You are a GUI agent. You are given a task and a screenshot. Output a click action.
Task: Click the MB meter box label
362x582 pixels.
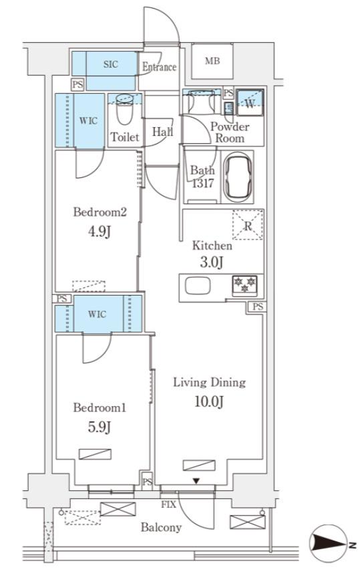point(212,61)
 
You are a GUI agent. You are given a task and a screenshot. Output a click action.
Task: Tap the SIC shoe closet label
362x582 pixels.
point(111,64)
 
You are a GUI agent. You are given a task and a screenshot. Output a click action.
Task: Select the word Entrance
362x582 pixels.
point(160,67)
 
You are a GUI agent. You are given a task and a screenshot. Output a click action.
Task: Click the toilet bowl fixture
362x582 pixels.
point(124,109)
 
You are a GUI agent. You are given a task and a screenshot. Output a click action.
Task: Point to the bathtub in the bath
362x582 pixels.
point(238,177)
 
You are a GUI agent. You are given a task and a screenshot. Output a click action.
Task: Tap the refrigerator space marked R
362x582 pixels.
point(248,225)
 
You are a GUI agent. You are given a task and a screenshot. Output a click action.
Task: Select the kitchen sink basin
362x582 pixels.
point(198,286)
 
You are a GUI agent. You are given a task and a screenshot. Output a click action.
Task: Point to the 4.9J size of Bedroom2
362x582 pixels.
point(100,231)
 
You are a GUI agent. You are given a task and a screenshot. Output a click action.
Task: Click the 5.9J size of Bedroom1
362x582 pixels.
point(100,427)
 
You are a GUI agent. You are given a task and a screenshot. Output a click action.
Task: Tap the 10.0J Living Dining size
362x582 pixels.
point(209,401)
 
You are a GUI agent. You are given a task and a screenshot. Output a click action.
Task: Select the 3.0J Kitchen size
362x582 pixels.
point(212,262)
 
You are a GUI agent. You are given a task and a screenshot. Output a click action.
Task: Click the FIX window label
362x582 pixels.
point(168,505)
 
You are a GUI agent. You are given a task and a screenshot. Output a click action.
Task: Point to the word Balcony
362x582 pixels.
point(161,527)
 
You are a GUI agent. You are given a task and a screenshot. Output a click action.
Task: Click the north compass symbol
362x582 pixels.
point(329,543)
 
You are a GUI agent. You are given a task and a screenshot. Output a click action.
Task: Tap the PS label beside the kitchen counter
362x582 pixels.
point(258,307)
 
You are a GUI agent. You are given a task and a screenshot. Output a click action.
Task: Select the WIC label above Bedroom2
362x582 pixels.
point(89,120)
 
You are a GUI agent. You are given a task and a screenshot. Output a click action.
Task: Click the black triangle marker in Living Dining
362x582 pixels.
point(196,481)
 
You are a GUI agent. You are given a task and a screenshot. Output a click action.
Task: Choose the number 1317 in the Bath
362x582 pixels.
point(202,183)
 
